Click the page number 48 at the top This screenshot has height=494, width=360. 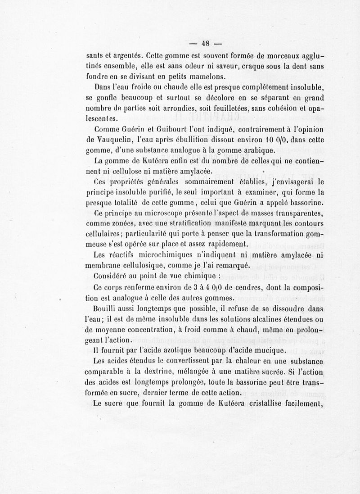206,44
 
